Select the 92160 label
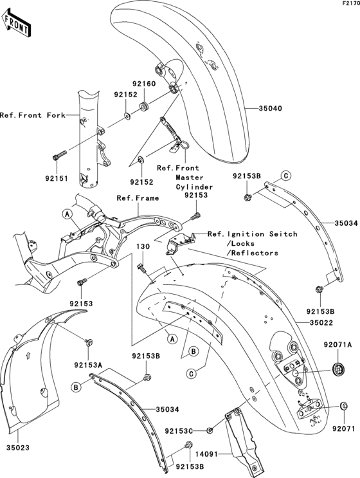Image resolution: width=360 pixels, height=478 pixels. click(145, 84)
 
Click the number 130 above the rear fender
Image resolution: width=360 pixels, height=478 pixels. click(141, 246)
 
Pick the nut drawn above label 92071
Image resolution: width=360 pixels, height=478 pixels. click(343, 406)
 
